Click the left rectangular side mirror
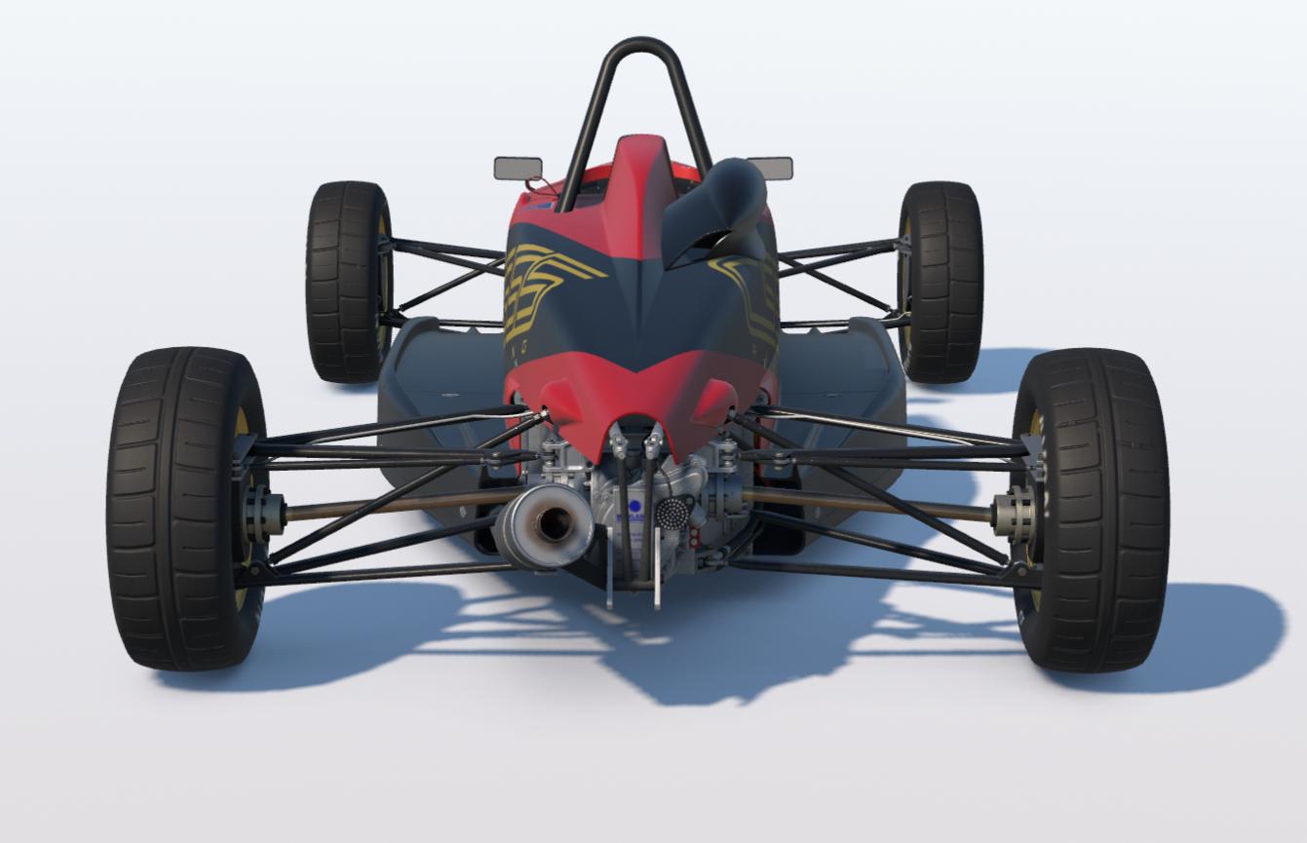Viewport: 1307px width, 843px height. click(x=518, y=169)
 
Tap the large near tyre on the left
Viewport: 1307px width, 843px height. click(x=185, y=507)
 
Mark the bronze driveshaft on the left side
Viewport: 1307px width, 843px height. click(x=390, y=506)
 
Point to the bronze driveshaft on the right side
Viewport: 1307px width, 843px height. click(x=867, y=504)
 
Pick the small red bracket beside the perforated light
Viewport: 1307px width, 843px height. click(x=693, y=537)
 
